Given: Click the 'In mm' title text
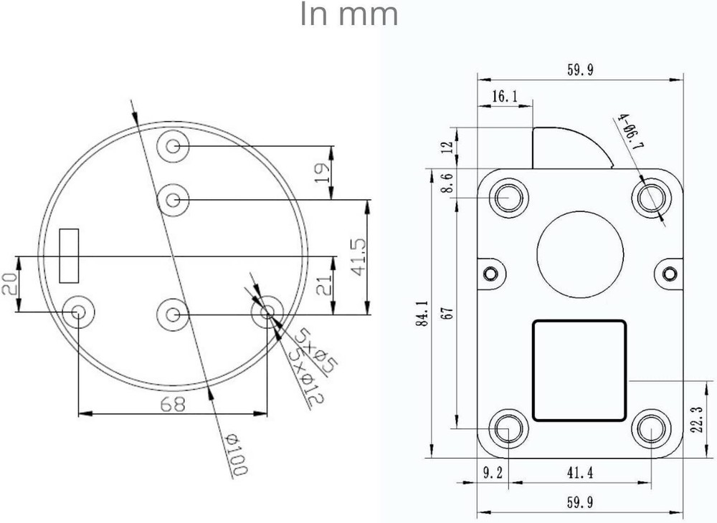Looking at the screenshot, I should click(348, 15).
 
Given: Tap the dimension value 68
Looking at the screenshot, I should click(172, 404).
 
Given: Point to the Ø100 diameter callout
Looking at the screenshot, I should click(234, 454).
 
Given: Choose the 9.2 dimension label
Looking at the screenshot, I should click(492, 472).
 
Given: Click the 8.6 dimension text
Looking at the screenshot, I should click(447, 183).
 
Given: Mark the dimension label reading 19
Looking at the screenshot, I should click(323, 173).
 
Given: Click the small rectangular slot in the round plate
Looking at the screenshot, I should click(70, 256).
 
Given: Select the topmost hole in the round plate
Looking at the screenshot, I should click(173, 147).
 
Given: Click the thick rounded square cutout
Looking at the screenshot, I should click(580, 370).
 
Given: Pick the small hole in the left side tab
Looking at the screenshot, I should click(490, 273).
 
